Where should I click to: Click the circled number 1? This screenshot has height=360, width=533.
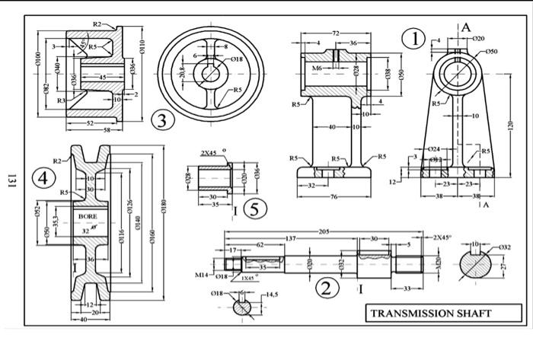(414, 39)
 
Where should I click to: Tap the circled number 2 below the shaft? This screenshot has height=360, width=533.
(326, 288)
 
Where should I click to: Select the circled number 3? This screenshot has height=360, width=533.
(160, 119)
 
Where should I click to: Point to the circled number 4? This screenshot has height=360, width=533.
(43, 179)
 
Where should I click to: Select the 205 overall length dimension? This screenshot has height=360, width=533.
(324, 231)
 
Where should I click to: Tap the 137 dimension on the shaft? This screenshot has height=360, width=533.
(291, 238)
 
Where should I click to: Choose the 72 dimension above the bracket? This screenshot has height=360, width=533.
(335, 33)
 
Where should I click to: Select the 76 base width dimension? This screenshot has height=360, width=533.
(334, 196)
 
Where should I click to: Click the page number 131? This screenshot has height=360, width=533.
(11, 180)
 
